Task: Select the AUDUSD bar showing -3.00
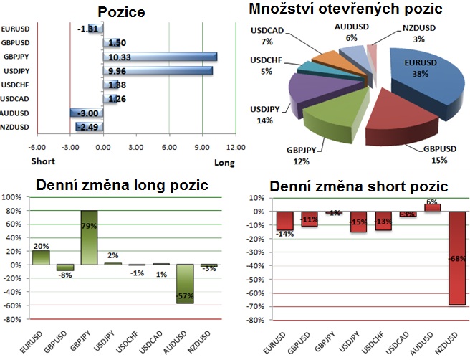click(86, 113)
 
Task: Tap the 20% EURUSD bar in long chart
click(41, 257)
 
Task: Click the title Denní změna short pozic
click(358, 186)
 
